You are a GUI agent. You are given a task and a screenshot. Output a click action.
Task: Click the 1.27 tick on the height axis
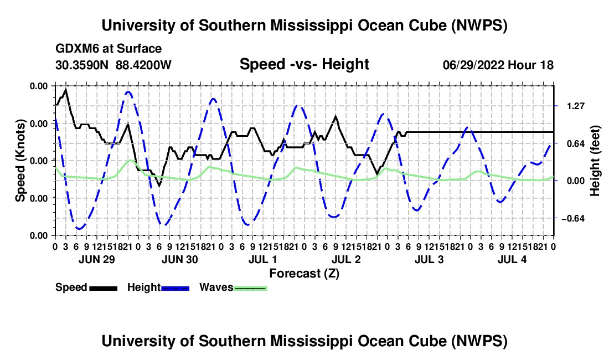click(576, 106)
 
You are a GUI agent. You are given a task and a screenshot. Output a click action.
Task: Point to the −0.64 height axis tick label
click(573, 219)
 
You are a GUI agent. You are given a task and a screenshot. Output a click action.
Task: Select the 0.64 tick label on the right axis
click(576, 143)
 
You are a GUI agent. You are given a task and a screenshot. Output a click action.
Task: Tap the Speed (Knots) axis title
click(20, 161)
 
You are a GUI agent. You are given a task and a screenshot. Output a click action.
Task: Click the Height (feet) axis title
click(595, 161)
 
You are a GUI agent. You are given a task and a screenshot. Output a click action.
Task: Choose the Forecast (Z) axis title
click(304, 274)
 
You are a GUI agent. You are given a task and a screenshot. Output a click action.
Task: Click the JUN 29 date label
click(97, 259)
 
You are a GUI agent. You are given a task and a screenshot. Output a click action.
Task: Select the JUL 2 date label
click(346, 259)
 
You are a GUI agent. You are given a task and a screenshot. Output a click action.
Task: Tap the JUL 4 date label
click(512, 259)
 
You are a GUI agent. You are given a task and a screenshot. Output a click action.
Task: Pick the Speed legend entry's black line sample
click(104, 288)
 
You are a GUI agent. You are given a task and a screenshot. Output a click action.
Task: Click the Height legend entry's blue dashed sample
click(175, 288)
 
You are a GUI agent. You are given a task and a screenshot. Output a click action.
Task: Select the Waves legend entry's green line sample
click(250, 288)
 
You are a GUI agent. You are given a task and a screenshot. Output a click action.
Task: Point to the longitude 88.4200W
click(143, 65)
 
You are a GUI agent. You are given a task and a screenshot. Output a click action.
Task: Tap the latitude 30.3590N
click(82, 65)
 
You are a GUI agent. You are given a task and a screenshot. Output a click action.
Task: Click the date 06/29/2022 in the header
click(473, 65)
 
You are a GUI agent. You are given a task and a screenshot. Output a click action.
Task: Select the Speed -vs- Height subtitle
click(304, 64)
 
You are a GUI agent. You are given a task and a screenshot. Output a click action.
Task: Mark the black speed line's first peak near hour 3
click(66, 89)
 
